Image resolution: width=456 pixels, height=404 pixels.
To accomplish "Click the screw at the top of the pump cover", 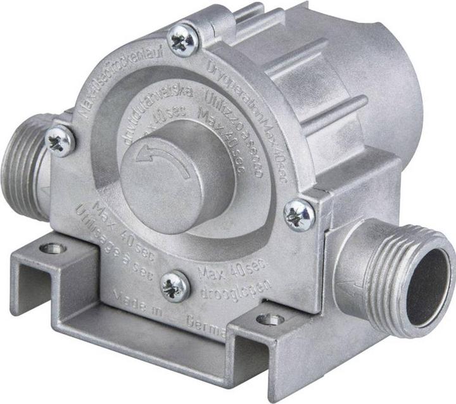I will (184, 41).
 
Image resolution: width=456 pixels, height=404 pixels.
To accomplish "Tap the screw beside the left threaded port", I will (61, 141).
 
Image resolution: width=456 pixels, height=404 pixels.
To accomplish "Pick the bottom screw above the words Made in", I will (175, 286).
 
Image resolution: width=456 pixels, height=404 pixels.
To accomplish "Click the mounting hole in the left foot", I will (53, 248).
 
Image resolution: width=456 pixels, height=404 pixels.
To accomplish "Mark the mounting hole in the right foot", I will (270, 320).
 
